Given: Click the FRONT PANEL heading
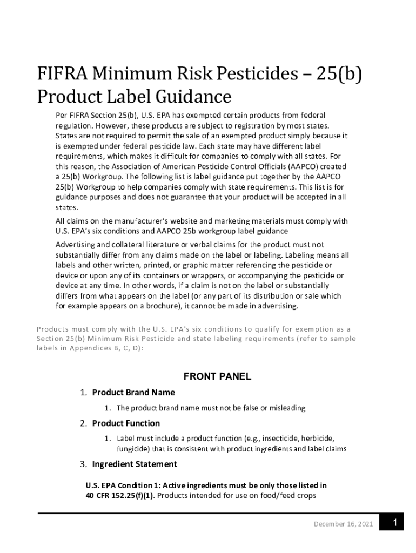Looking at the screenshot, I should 218,377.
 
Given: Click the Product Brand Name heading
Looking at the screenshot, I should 133,393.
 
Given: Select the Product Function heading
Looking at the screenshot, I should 126,423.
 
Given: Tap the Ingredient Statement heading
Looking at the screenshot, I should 135,464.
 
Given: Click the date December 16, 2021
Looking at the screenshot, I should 343,524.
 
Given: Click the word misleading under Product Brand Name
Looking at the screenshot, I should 284,408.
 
